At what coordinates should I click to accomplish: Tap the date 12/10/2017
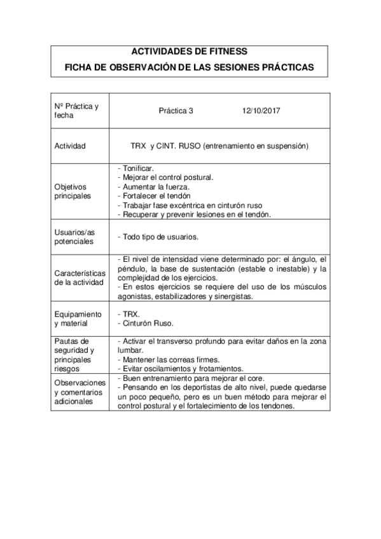pos(261,110)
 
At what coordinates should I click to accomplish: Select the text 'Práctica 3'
pos(176,110)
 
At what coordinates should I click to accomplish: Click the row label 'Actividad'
pos(71,146)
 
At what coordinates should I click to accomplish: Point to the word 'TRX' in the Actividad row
pos(139,146)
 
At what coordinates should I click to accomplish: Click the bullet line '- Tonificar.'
pos(136,167)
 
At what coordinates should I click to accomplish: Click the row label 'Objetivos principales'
pos(73,191)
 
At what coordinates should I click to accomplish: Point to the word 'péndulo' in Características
pos(132,269)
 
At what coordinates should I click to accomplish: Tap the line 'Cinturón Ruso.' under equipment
pos(144,324)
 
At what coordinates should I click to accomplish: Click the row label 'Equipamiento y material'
pos(78,319)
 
